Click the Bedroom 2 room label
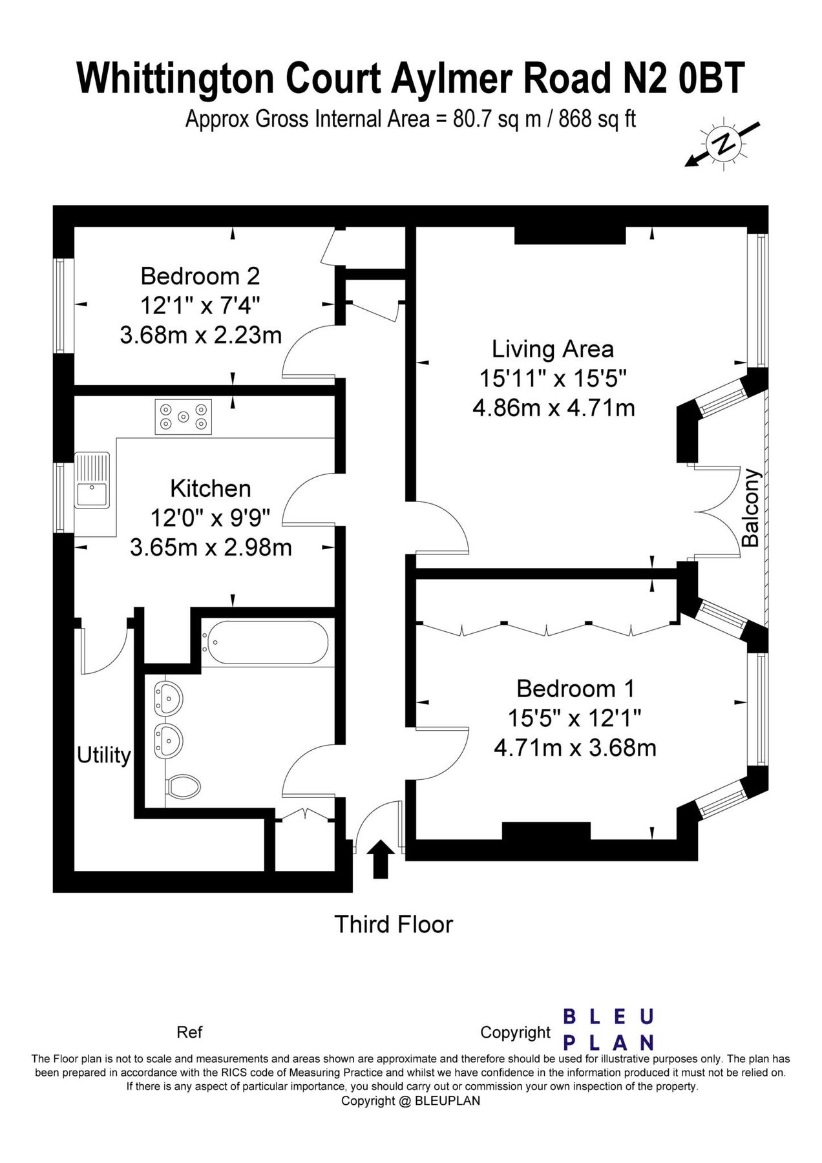click(x=200, y=277)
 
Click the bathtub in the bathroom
click(x=265, y=643)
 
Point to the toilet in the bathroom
click(x=183, y=786)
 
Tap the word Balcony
click(x=750, y=508)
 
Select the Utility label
click(x=103, y=755)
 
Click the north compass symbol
click(x=723, y=143)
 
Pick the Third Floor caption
click(x=394, y=925)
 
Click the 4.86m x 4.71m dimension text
click(x=553, y=408)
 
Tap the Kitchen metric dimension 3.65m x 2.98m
click(x=211, y=547)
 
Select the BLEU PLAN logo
click(x=609, y=1030)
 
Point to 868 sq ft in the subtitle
click(x=598, y=120)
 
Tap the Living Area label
click(x=553, y=350)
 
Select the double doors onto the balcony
click(x=717, y=510)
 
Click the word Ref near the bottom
click(x=189, y=1032)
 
